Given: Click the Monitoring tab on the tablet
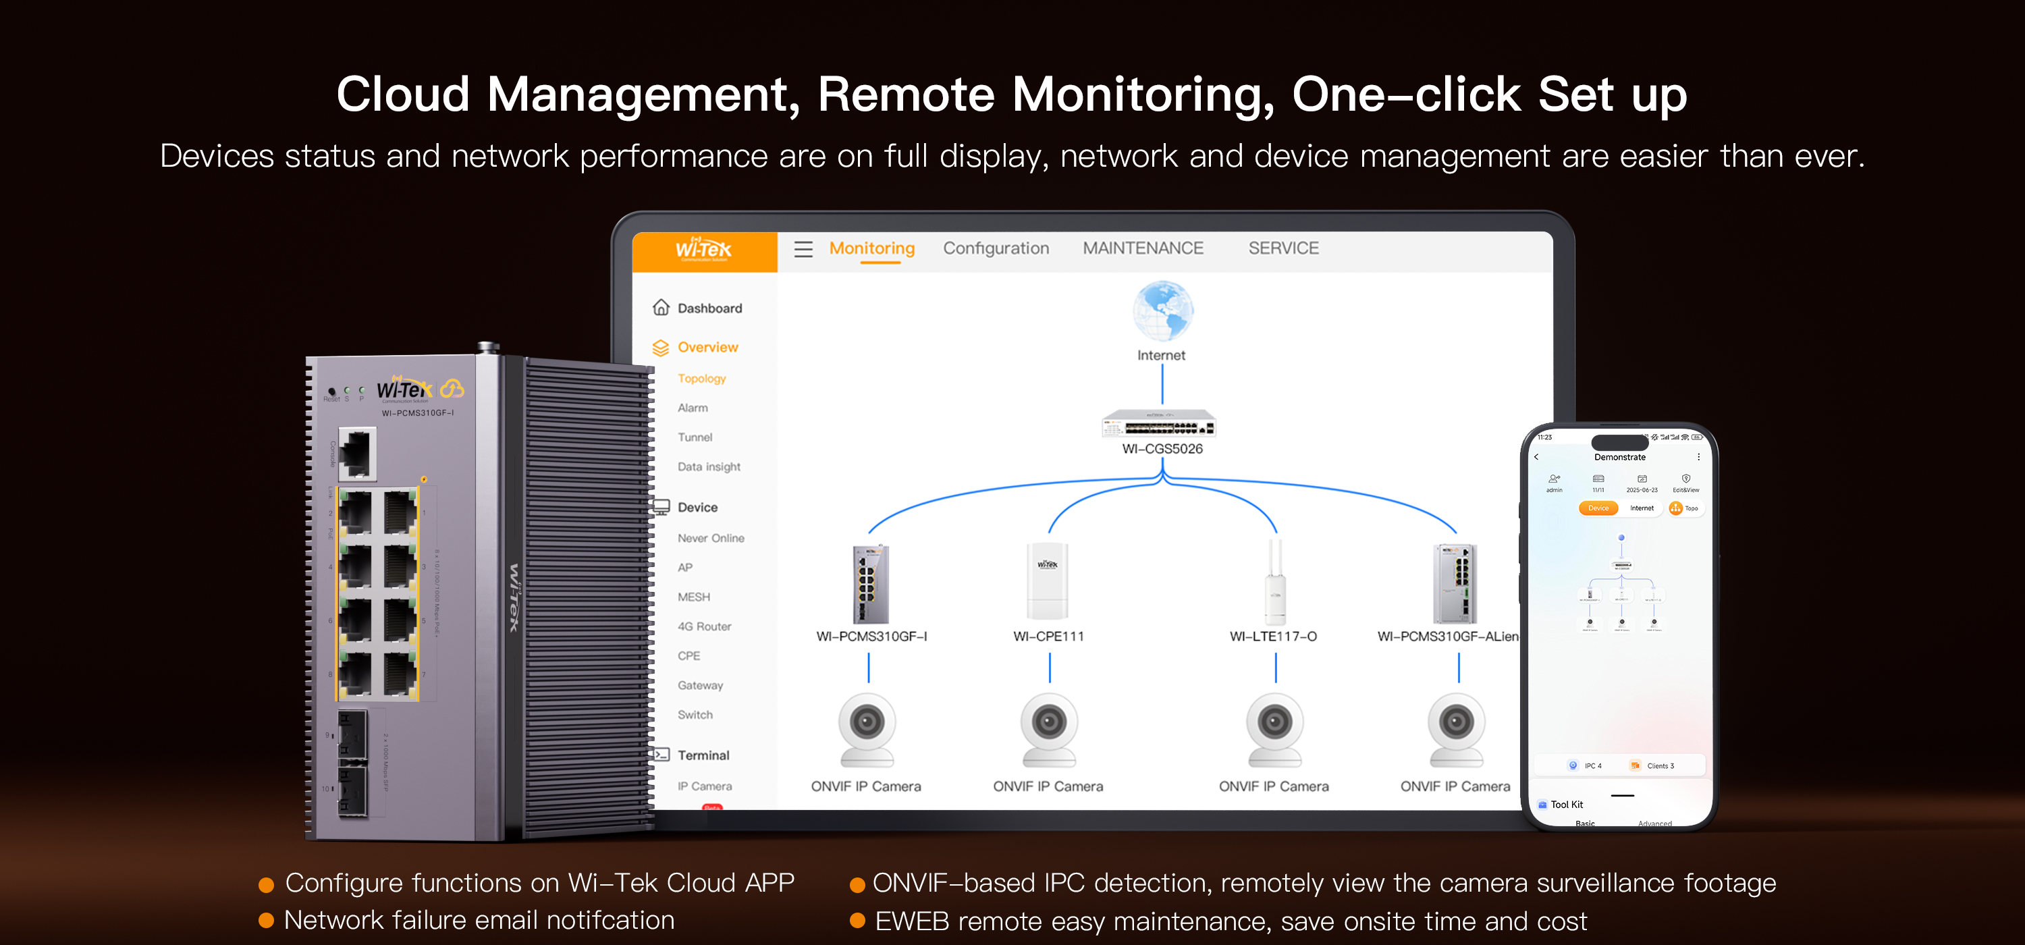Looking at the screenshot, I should pyautogui.click(x=872, y=248).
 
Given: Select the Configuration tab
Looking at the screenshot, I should pyautogui.click(x=995, y=248).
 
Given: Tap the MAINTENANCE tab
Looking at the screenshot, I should pyautogui.click(x=1142, y=248).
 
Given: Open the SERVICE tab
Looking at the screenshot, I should pyautogui.click(x=1283, y=248).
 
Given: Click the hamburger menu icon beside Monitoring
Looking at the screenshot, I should pyautogui.click(x=803, y=249).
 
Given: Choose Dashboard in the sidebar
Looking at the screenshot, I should pyautogui.click(x=708, y=308).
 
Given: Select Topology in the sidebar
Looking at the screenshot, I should pyautogui.click(x=701, y=379).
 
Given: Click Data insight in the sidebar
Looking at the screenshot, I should pyautogui.click(x=708, y=467).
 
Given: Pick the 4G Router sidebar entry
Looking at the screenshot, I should pyautogui.click(x=703, y=626).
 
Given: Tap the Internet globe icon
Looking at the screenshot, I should pyautogui.click(x=1162, y=310).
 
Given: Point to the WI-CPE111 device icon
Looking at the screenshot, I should pyautogui.click(x=1047, y=582).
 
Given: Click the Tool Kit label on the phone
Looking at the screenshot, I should pyautogui.click(x=1566, y=805).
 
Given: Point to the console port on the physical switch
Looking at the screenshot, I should pyautogui.click(x=358, y=453).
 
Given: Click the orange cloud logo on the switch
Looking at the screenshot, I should pyautogui.click(x=452, y=388).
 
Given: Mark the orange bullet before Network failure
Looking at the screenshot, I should pyautogui.click(x=267, y=921).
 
